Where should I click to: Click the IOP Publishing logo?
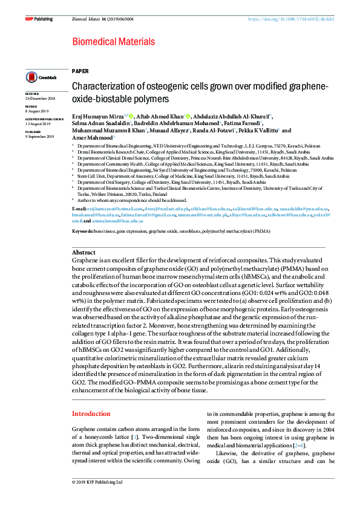(39, 19)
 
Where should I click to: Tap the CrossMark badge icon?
(40, 77)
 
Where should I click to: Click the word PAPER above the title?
(79, 71)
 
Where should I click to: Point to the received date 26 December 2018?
(40, 99)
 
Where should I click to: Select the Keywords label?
(82, 232)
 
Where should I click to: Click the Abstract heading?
(83, 252)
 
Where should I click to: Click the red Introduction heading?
(91, 413)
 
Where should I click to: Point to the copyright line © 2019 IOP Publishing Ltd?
(97, 482)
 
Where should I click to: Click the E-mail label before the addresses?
(79, 208)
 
